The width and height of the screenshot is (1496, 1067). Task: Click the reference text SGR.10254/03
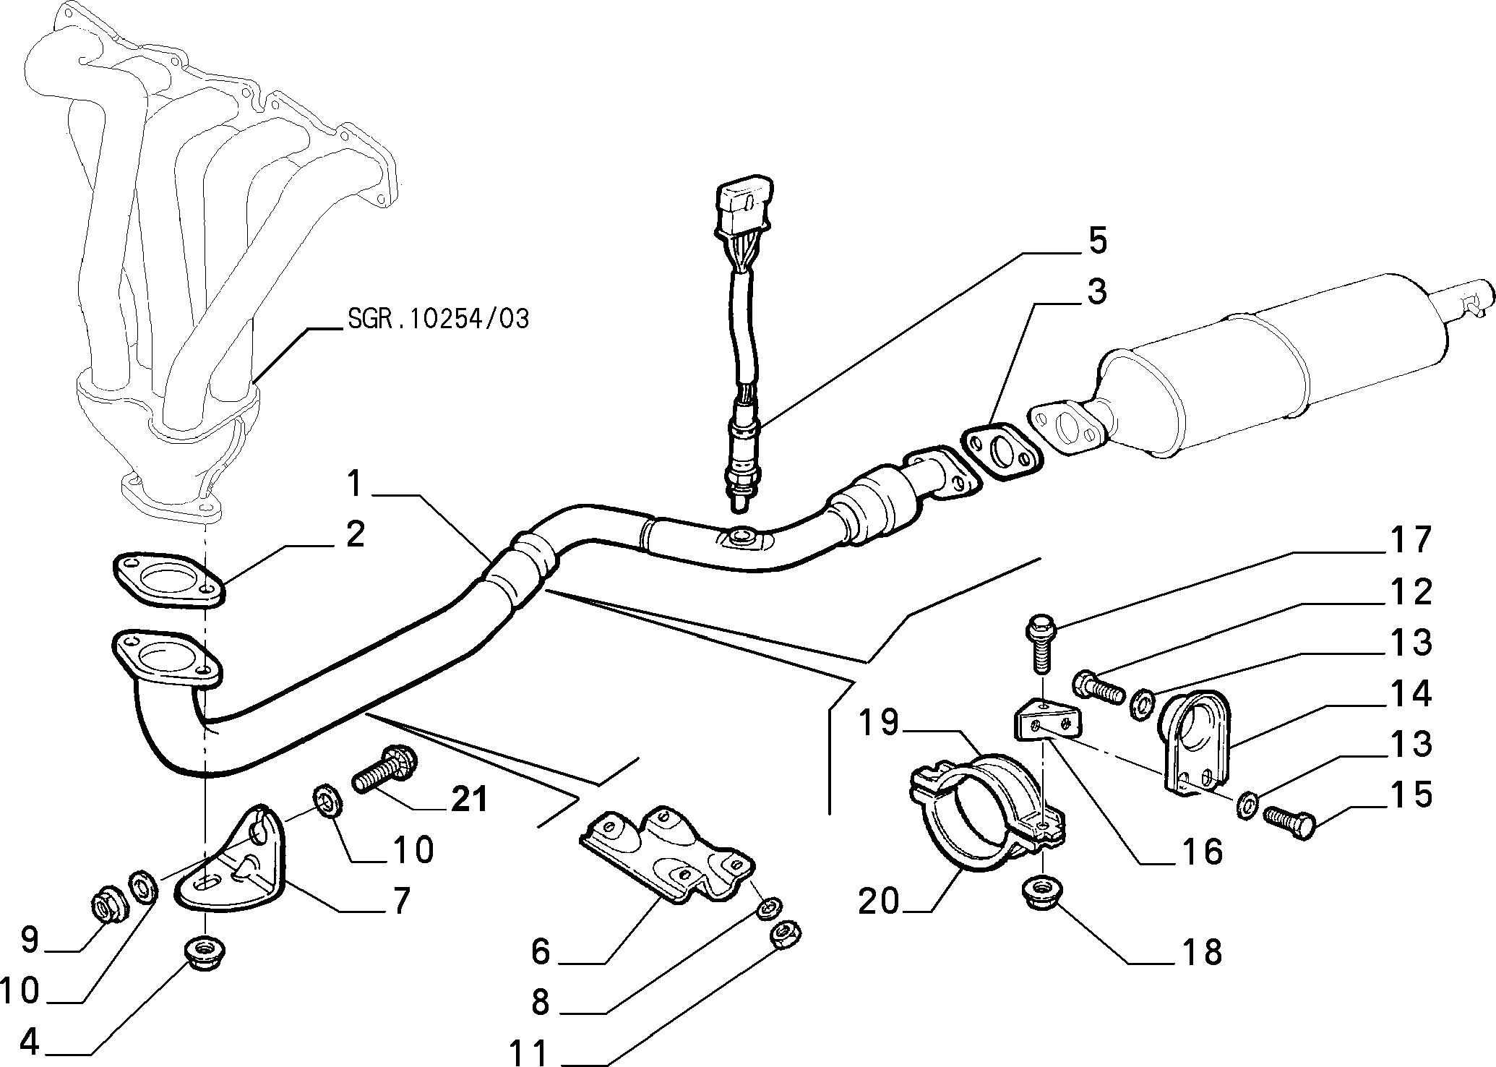(x=438, y=318)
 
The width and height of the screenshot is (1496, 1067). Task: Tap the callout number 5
(x=1097, y=241)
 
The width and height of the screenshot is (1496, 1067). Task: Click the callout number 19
(x=879, y=723)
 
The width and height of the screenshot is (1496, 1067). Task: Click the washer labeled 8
(x=768, y=907)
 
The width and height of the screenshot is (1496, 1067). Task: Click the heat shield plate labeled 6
(x=666, y=855)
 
